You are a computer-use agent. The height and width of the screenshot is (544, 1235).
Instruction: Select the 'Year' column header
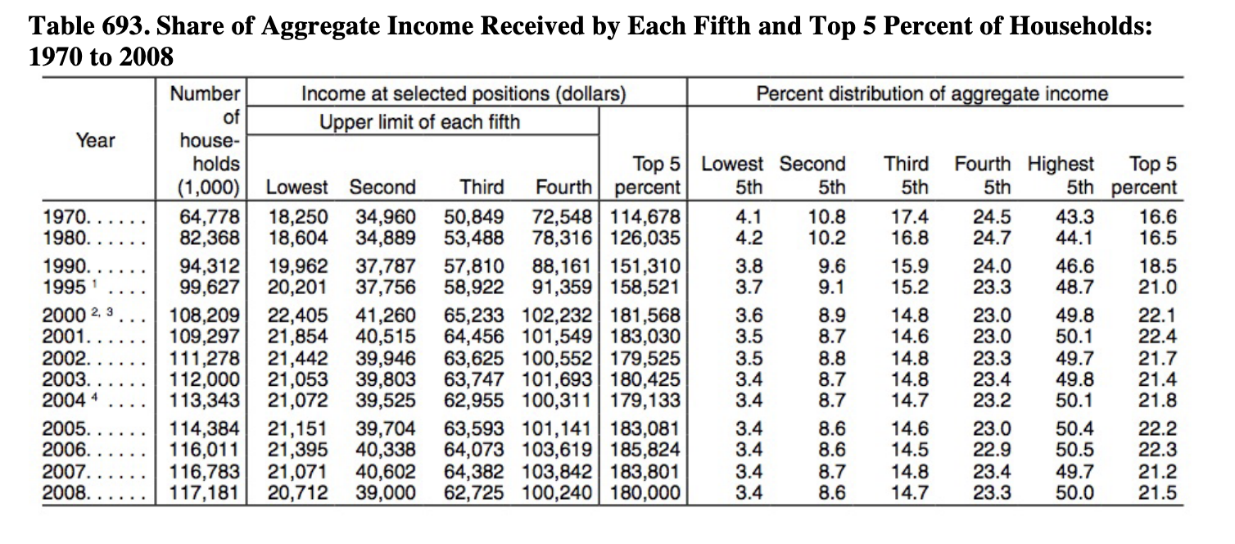click(96, 140)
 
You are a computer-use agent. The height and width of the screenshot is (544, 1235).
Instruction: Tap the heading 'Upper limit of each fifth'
click(419, 122)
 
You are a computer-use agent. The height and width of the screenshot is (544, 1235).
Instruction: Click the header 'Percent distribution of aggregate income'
click(931, 93)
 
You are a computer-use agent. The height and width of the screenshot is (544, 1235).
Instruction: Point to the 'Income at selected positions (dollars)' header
click(464, 93)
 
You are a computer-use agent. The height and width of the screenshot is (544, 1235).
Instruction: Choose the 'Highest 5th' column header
click(1061, 175)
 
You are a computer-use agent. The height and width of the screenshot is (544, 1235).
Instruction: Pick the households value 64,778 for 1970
click(209, 220)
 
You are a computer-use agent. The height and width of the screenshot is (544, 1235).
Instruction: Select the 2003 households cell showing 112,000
click(206, 381)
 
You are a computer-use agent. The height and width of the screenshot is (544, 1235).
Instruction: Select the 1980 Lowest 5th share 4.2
click(751, 238)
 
